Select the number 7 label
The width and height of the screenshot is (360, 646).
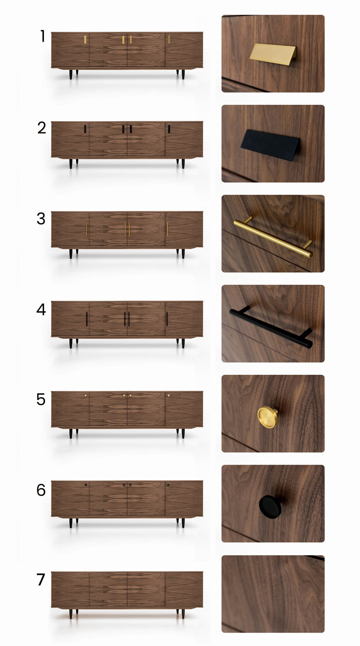click(41, 579)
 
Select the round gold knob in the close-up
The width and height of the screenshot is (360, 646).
click(267, 417)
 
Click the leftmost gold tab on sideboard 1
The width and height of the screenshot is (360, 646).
click(85, 39)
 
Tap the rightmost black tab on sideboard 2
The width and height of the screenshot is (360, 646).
click(169, 129)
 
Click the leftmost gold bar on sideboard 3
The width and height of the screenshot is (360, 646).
click(87, 229)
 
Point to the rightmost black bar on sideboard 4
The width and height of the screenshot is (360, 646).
click(167, 319)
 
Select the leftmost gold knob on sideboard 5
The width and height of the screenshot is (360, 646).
click(86, 395)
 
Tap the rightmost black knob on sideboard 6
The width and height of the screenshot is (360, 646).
click(168, 485)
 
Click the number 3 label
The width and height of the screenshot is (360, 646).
click(41, 218)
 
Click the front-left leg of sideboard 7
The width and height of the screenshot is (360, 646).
click(71, 613)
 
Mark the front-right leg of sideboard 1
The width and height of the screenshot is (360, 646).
click(183, 75)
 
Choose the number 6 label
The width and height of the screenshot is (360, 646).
click(41, 490)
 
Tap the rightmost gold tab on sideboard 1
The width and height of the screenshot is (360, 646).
click(169, 39)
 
